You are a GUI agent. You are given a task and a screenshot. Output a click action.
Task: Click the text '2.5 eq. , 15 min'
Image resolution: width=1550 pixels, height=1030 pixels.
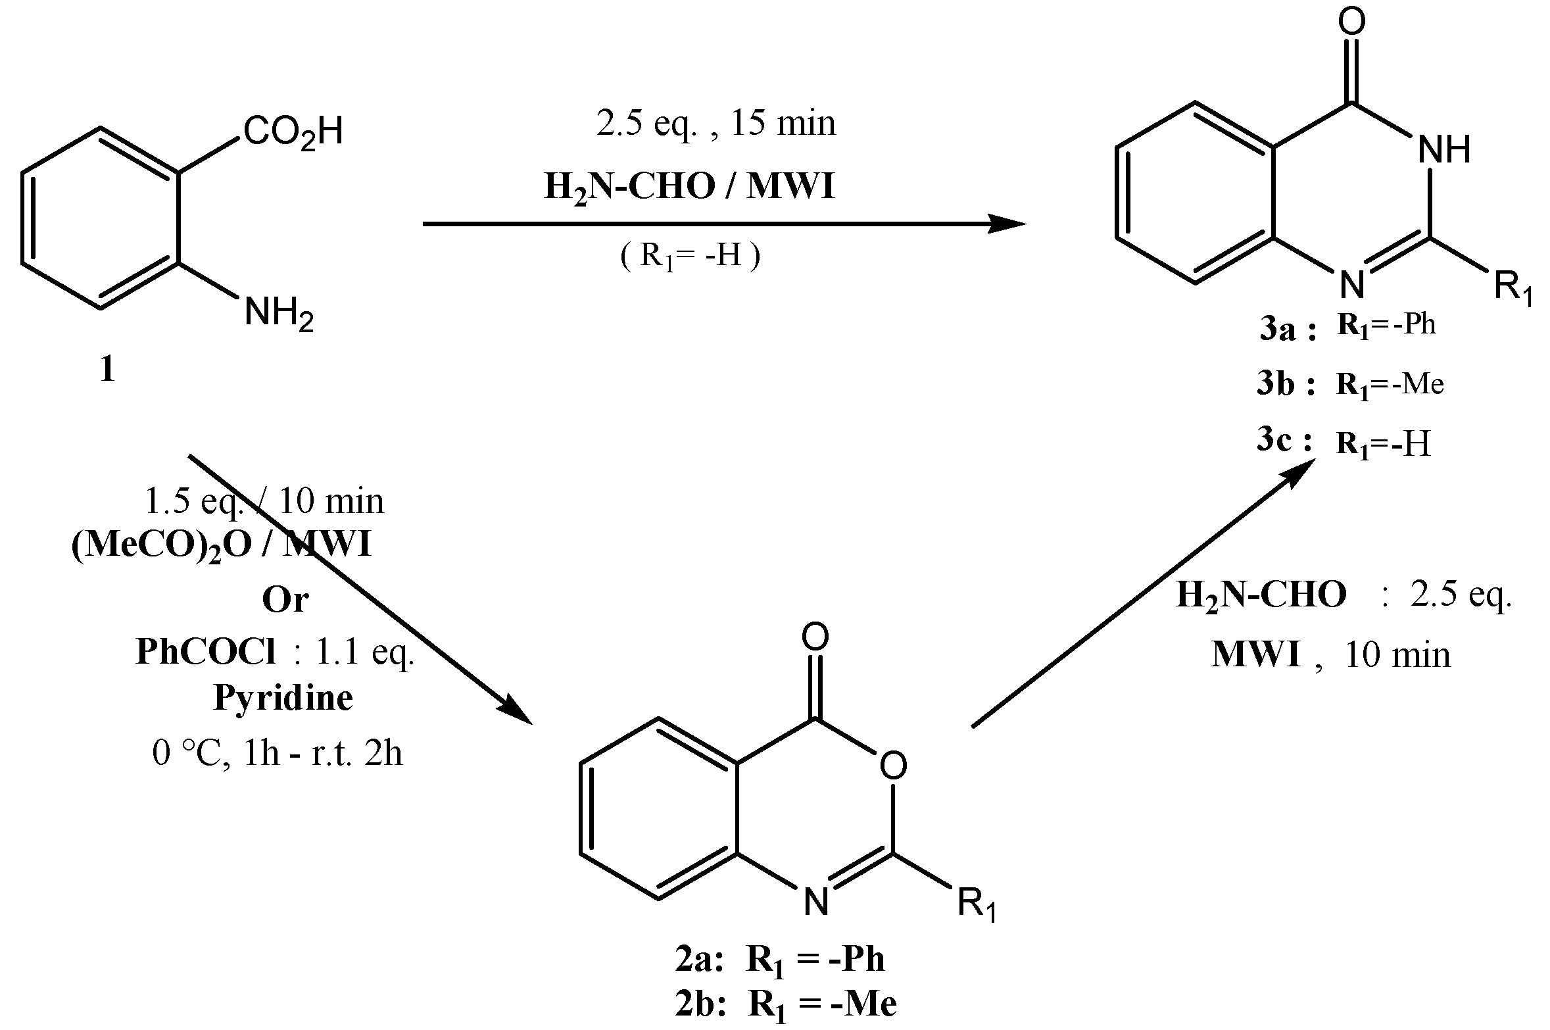click(x=715, y=124)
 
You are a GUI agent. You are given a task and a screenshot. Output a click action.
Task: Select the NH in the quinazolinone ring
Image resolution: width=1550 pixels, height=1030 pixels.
click(x=1443, y=150)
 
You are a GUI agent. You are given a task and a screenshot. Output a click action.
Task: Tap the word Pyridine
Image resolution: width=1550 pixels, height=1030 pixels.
click(x=283, y=698)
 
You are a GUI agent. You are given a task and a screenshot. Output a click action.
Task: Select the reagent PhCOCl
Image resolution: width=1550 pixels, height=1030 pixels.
click(x=206, y=652)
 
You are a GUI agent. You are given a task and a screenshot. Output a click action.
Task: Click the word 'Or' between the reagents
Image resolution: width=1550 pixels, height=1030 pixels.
click(x=285, y=601)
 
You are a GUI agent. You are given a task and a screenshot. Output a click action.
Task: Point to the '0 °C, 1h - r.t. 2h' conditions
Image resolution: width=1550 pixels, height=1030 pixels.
click(x=277, y=753)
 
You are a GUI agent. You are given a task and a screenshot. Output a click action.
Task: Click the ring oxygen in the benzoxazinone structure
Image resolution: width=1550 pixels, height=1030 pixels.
click(x=892, y=765)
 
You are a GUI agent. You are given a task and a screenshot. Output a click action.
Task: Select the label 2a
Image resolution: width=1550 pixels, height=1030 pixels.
click(x=698, y=960)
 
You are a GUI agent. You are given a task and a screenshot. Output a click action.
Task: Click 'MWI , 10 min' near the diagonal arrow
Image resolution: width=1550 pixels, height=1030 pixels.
click(x=1330, y=655)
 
